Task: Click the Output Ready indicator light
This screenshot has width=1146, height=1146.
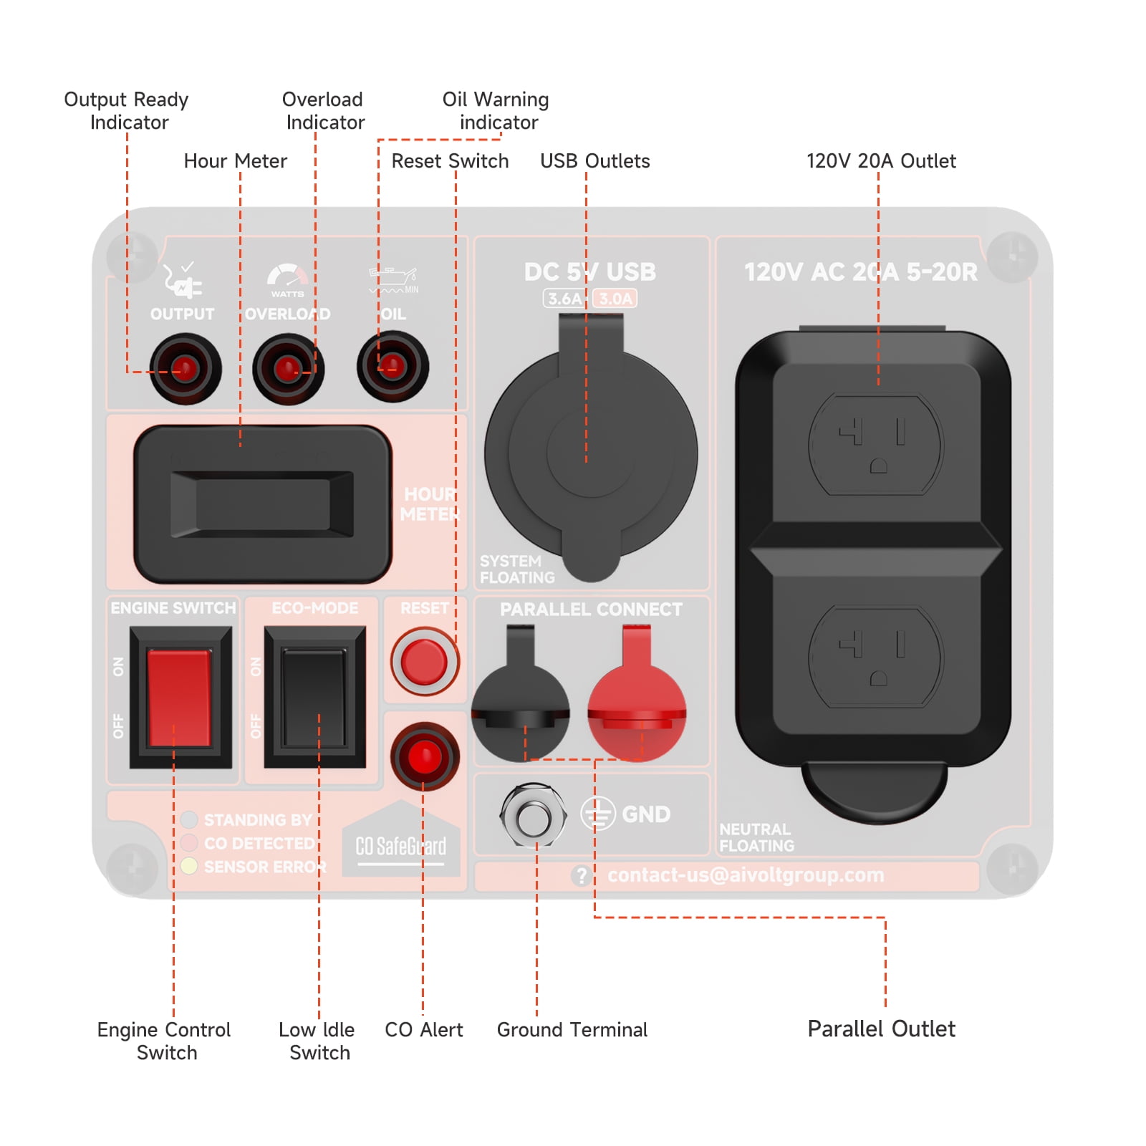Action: pos(185,368)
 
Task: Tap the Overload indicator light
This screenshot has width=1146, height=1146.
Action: pos(288,368)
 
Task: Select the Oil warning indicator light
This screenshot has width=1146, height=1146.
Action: pos(393,366)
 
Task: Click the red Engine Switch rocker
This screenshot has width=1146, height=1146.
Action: pos(180,698)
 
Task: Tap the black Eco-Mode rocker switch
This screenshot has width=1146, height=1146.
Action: pos(314,697)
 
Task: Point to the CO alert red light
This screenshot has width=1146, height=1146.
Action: pos(424,756)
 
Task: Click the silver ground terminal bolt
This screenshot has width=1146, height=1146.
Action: pos(534,815)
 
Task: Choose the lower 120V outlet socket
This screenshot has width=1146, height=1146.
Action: pos(875,657)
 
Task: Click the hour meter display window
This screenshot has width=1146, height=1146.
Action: pos(262,504)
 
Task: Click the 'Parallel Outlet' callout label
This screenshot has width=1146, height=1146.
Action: pos(881,1029)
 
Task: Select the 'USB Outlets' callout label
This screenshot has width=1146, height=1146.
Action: pos(594,161)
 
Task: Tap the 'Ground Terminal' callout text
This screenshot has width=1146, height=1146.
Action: pos(572,1030)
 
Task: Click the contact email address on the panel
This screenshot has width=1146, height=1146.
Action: pos(746,875)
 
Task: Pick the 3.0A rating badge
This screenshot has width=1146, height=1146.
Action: pos(615,299)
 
